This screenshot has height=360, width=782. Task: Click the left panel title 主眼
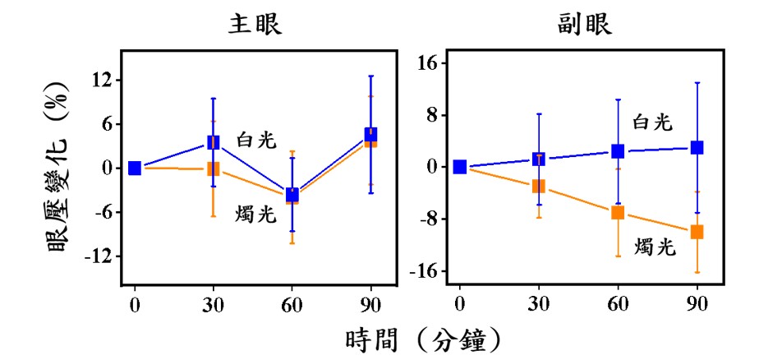pyautogui.click(x=255, y=25)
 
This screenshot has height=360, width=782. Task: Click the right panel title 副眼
pyautogui.click(x=584, y=25)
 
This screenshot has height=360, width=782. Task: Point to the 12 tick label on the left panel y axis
pyautogui.click(x=102, y=81)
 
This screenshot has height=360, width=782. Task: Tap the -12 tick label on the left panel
pyautogui.click(x=99, y=256)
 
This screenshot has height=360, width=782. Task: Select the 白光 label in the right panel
pyautogui.click(x=653, y=122)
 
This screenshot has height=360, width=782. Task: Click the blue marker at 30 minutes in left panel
pyautogui.click(x=214, y=142)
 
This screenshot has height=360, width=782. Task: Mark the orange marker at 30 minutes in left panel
pyautogui.click(x=214, y=168)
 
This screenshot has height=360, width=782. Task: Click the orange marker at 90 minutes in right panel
pyautogui.click(x=697, y=232)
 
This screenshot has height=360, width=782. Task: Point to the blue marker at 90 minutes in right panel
pyautogui.click(x=697, y=148)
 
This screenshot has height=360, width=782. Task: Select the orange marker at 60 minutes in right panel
pyautogui.click(x=618, y=213)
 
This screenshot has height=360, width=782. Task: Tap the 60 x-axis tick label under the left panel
pyautogui.click(x=292, y=303)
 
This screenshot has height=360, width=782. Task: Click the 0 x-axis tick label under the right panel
pyautogui.click(x=460, y=303)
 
